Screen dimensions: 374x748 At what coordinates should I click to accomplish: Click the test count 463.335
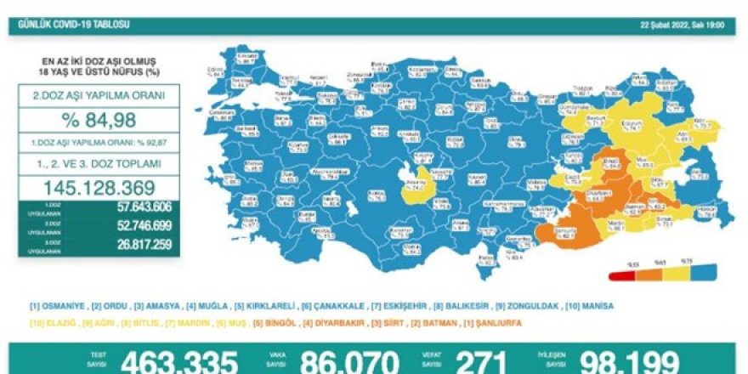click(x=178, y=361)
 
